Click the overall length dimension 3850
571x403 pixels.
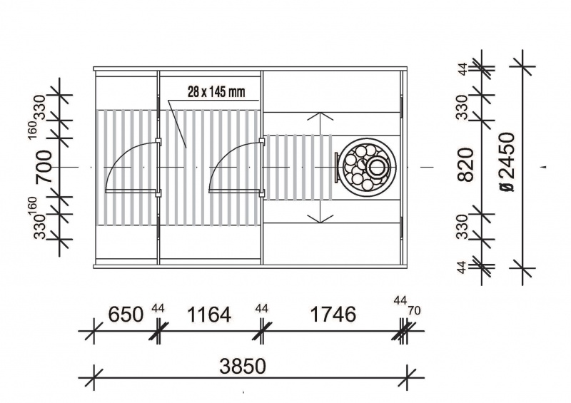[243, 366]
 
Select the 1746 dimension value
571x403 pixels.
[333, 314]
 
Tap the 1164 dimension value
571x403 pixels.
[208, 314]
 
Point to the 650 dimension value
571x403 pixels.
[126, 314]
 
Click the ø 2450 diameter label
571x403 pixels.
[507, 162]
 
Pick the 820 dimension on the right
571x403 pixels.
[466, 165]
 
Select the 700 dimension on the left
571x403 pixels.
[44, 166]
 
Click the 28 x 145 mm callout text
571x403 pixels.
[216, 91]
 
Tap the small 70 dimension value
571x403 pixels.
[414, 311]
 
